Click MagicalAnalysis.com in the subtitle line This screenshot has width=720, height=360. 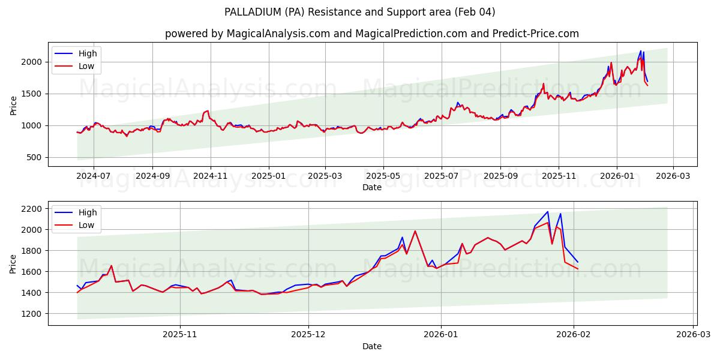(x=278, y=34)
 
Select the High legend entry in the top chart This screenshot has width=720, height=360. (x=88, y=53)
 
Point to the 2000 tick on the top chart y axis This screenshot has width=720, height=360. (x=32, y=62)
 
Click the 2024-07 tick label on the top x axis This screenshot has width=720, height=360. (x=94, y=176)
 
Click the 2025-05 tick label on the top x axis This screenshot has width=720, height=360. (x=383, y=176)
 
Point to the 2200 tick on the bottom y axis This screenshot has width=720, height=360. (x=32, y=209)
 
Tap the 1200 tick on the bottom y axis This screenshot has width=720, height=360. (x=32, y=314)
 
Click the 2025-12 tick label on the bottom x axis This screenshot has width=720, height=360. (x=308, y=335)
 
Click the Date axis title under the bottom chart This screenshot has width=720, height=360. (x=372, y=346)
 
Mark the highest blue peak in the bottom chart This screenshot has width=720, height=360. (x=547, y=212)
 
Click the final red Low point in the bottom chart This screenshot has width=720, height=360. (x=578, y=269)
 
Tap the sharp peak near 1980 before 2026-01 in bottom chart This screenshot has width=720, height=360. (x=415, y=231)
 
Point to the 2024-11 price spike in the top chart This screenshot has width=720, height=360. (x=208, y=110)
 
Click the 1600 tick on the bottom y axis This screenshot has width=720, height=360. (x=32, y=272)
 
